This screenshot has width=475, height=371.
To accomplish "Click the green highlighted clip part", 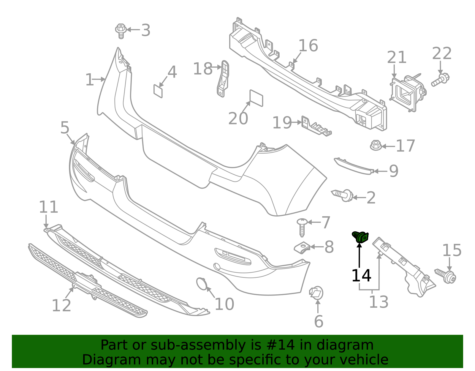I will click(360, 237).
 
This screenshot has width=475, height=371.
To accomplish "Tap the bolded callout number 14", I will click(361, 276).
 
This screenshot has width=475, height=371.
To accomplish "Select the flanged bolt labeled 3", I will click(121, 31).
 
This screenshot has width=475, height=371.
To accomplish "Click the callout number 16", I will click(308, 46).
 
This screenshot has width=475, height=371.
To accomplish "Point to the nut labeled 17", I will click(376, 146).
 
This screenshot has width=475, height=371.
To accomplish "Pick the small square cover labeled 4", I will click(158, 91).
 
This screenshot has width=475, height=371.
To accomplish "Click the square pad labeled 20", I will click(256, 98).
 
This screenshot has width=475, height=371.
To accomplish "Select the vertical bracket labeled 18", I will click(223, 79).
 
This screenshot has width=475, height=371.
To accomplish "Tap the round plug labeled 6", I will click(316, 293).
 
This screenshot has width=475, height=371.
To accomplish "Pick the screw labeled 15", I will click(446, 276).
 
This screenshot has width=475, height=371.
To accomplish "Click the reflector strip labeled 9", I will click(353, 166).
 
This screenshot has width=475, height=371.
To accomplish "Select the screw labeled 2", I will click(343, 195).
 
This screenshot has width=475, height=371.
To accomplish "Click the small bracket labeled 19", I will click(316, 127).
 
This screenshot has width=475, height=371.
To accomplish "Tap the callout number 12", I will click(61, 306).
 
